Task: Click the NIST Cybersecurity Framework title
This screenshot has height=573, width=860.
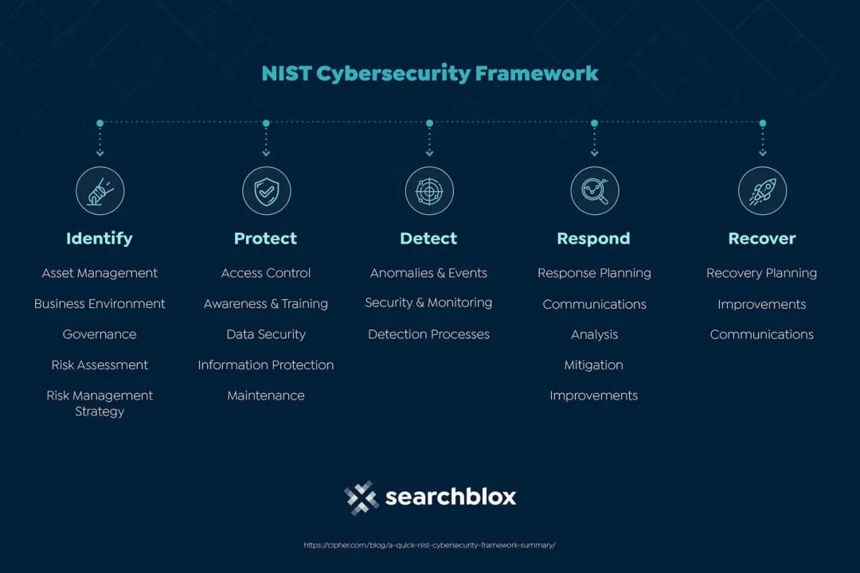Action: [430, 74]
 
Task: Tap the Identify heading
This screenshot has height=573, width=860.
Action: [100, 239]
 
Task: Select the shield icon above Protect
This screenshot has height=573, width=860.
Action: [266, 191]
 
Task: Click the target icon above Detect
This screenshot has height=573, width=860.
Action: [429, 191]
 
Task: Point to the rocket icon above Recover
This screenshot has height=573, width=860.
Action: [762, 191]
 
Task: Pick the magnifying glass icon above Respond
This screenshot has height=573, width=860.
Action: [595, 191]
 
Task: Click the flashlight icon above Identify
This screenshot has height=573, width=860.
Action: [100, 191]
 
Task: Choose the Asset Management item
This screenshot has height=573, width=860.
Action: [100, 273]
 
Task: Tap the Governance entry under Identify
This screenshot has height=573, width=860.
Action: [100, 334]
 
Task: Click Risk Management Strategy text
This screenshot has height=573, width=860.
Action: [100, 403]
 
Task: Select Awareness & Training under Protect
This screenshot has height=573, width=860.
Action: [266, 304]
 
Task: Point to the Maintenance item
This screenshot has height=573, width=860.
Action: [266, 396]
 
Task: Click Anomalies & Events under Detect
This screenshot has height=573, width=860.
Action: [428, 273]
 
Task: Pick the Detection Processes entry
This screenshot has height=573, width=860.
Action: [428, 334]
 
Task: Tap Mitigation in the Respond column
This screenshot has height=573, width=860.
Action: [594, 365]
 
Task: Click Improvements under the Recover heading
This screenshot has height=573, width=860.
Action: [761, 304]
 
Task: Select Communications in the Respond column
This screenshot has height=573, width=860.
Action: [594, 304]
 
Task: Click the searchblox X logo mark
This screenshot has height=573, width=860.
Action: [362, 497]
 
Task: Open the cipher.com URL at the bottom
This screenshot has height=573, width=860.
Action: [430, 545]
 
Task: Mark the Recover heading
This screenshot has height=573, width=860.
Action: [762, 239]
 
